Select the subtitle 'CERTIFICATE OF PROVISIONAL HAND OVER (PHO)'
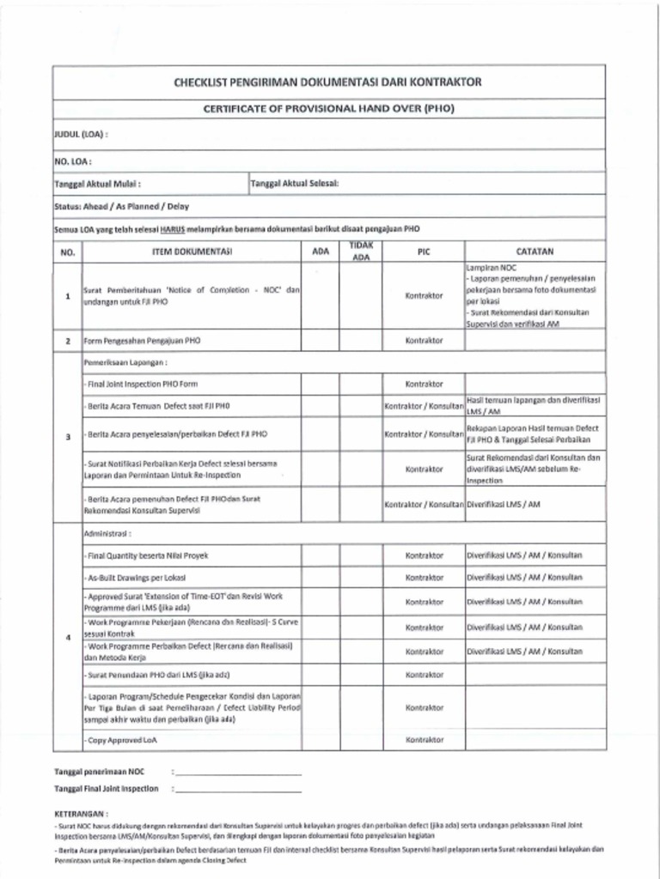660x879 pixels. tap(328, 109)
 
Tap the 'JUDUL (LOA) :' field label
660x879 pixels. tap(81, 135)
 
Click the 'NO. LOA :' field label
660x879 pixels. tap(73, 161)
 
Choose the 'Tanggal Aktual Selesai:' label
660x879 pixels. tap(295, 183)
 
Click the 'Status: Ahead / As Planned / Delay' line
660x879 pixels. tap(121, 206)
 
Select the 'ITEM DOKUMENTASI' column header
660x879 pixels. tap(192, 252)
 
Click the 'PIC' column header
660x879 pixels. tap(423, 252)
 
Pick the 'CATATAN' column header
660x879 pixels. tap(534, 252)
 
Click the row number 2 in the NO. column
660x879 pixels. tap(68, 341)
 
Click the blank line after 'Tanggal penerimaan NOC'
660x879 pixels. tap(237, 773)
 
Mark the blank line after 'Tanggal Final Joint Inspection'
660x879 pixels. tap(237, 789)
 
